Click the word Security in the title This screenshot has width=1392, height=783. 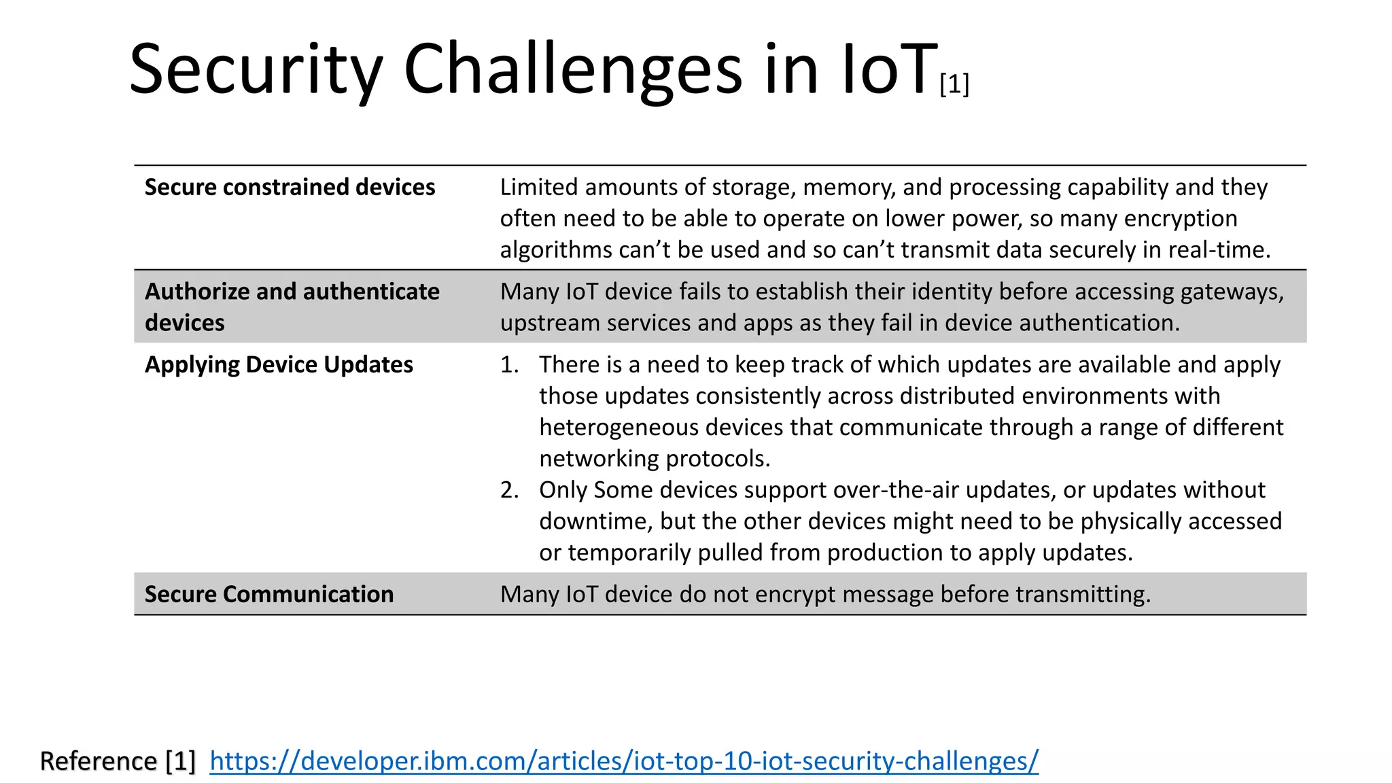(256, 69)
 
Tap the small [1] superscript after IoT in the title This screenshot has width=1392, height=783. (954, 84)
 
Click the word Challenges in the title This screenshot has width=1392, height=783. (572, 69)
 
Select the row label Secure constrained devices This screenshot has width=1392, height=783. (290, 187)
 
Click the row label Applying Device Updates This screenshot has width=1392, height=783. (279, 365)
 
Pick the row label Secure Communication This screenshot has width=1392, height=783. (269, 595)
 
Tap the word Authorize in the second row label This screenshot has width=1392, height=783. (197, 292)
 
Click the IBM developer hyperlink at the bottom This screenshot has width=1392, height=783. (624, 761)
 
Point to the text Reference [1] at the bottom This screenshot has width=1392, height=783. (118, 761)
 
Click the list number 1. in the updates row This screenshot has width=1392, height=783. (510, 365)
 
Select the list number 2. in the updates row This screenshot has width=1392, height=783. (510, 490)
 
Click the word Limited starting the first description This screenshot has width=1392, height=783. (539, 187)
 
